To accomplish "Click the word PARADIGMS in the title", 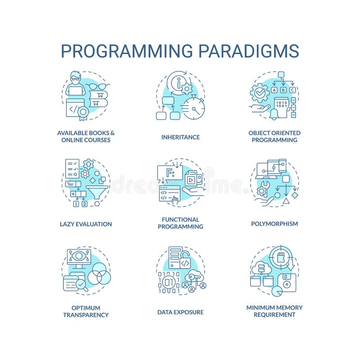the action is click(249, 51).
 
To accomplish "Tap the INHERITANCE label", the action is click(180, 137).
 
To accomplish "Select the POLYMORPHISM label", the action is click(274, 224).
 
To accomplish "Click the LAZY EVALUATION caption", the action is click(86, 224).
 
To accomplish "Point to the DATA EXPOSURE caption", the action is click(180, 312).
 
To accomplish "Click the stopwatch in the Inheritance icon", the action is click(194, 108).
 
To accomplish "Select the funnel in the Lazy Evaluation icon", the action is click(97, 192).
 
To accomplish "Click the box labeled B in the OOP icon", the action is click(283, 90).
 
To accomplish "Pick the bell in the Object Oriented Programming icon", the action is click(274, 114).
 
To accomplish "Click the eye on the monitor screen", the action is click(79, 256).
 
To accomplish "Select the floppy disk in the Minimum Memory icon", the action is click(287, 283).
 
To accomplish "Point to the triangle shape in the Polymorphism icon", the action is click(286, 201).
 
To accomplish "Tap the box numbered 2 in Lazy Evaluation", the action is click(85, 204).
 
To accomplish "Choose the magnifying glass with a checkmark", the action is click(81, 285).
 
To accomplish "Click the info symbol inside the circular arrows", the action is click(179, 83).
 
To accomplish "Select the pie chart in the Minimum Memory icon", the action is click(277, 291).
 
